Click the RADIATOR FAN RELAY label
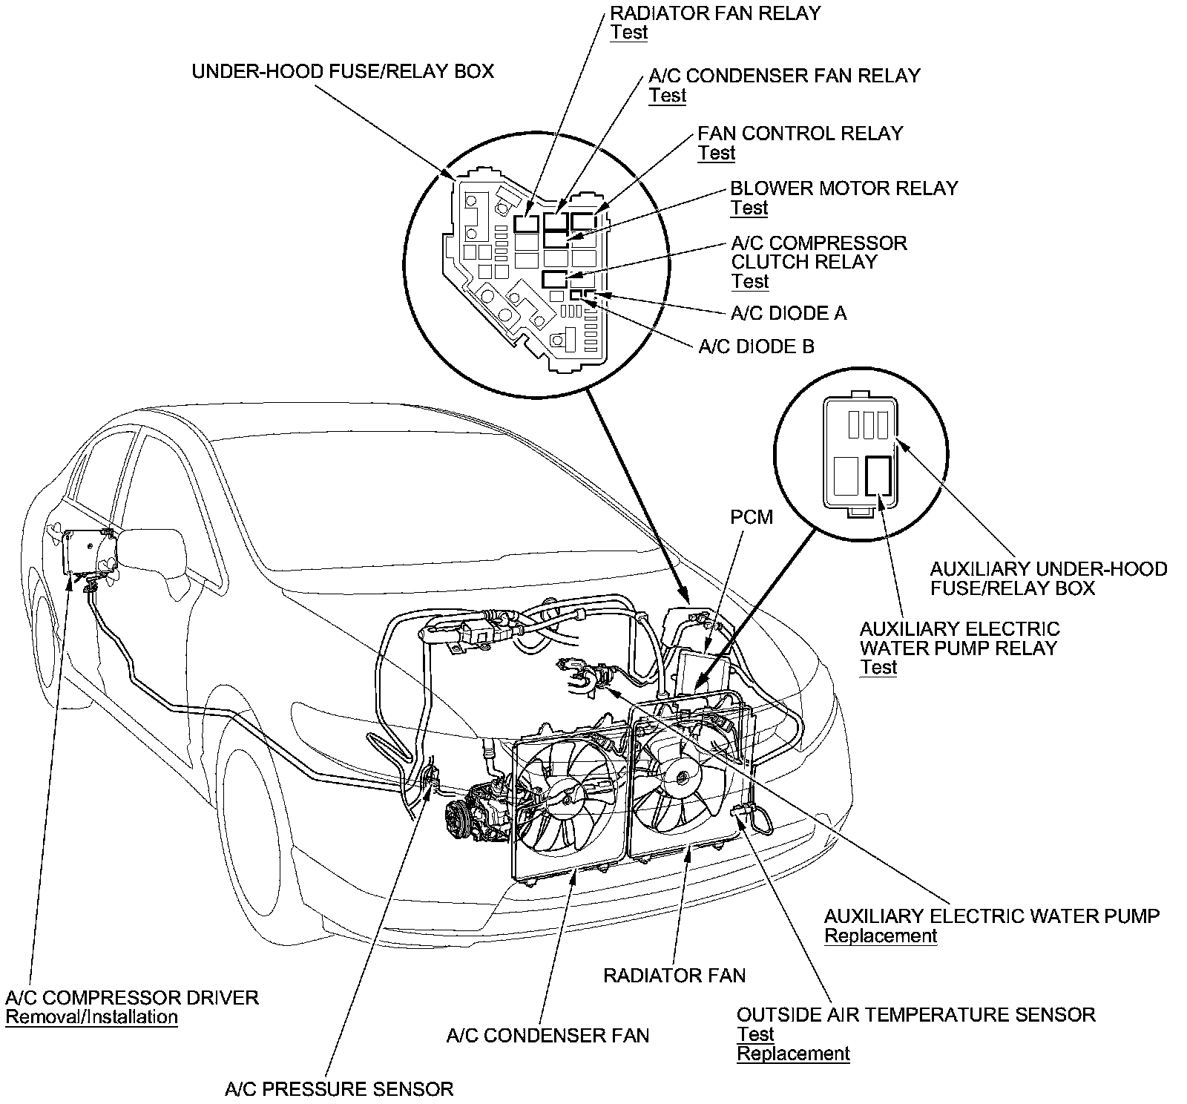715,13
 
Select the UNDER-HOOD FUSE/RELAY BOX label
343,71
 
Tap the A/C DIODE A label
789,313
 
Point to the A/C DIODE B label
756,346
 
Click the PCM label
752,516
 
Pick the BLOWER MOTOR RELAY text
844,188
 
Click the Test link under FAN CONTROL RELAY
716,154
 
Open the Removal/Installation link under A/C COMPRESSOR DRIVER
91,1017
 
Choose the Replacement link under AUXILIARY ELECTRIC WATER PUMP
881,936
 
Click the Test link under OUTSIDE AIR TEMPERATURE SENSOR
755,1034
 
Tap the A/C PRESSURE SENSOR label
339,1089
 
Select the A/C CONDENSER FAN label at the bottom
548,1036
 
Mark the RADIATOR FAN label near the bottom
674,975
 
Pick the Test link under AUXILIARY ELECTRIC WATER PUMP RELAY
878,667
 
